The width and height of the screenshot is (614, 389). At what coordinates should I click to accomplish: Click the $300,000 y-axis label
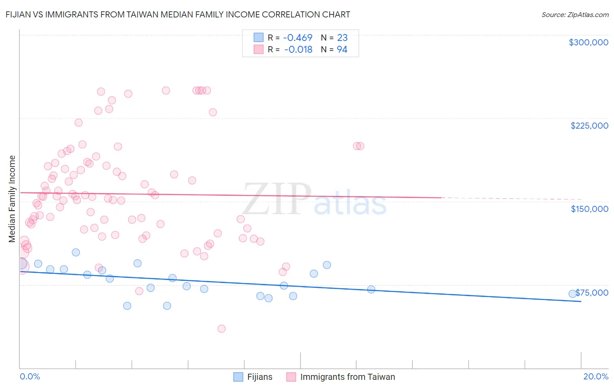(588, 42)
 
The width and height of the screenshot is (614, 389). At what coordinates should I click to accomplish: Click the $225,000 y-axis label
(589, 126)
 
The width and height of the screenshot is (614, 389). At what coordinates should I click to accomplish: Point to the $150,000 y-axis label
(589, 209)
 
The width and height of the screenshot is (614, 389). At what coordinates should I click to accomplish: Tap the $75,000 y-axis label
(592, 293)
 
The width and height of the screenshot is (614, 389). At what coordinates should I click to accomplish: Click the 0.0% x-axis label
(30, 376)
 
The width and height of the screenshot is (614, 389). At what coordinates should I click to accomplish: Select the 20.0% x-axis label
(596, 376)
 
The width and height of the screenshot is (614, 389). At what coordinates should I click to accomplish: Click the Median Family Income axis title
(12, 199)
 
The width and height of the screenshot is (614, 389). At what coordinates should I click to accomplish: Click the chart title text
(178, 14)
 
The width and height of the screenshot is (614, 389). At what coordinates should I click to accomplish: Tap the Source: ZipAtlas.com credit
(575, 15)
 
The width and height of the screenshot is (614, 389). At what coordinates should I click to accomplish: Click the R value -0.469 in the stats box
(297, 38)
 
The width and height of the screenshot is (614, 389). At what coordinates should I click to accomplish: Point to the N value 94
(342, 50)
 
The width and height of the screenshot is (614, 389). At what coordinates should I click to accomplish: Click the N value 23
(342, 38)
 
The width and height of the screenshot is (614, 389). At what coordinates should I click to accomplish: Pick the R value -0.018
(298, 50)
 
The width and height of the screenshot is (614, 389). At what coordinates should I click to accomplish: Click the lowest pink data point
(221, 329)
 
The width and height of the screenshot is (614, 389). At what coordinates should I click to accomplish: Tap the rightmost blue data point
(572, 294)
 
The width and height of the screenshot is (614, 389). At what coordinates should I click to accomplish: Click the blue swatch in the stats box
(259, 38)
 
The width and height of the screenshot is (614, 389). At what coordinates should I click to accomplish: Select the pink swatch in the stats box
(259, 50)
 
